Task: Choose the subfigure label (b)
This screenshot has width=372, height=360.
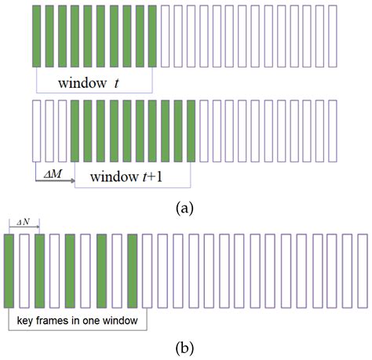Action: (185, 347)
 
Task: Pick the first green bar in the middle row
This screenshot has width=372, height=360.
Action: (75, 132)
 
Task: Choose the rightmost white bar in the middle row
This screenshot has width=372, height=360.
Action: (333, 132)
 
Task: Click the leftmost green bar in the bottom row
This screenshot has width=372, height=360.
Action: (9, 271)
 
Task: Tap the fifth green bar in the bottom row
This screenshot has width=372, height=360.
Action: (133, 271)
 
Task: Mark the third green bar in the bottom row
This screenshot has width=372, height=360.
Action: (71, 271)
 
